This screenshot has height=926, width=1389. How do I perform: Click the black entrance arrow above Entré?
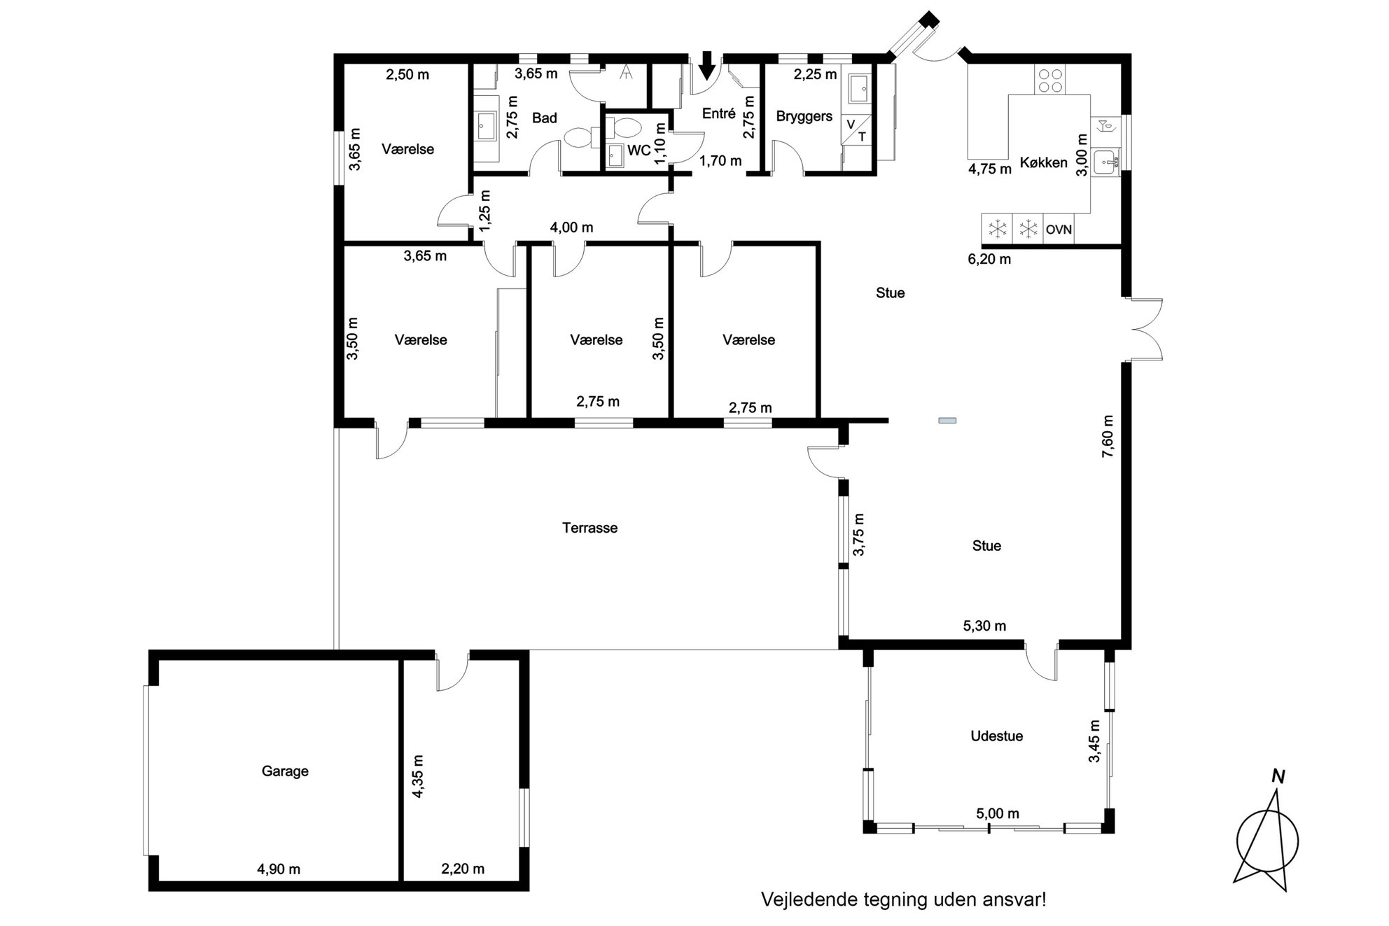coord(707,66)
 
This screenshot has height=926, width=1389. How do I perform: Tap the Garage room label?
coord(285,771)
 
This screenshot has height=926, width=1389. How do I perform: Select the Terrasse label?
coord(589,528)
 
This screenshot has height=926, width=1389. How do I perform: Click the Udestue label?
coord(997,736)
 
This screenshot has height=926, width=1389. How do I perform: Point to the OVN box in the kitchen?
coord(1059,229)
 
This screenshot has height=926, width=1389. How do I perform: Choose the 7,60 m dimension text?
coord(1108,437)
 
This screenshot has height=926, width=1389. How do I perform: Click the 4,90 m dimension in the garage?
coord(279,869)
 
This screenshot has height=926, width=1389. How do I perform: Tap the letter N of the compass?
coord(1278,776)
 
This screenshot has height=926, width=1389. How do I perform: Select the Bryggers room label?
coord(804,116)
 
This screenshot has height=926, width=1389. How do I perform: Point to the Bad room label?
coord(544,118)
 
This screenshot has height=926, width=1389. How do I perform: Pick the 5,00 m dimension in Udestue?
coord(998,813)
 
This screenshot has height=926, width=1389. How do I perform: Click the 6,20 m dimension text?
coord(989,259)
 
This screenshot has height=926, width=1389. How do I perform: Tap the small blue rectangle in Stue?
coord(947,421)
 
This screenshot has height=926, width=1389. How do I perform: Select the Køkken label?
coord(1043,162)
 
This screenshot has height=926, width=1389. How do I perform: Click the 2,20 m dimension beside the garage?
coord(463,869)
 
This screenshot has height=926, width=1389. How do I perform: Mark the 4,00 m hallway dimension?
coord(571,227)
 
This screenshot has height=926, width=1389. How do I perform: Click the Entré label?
coord(718,113)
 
